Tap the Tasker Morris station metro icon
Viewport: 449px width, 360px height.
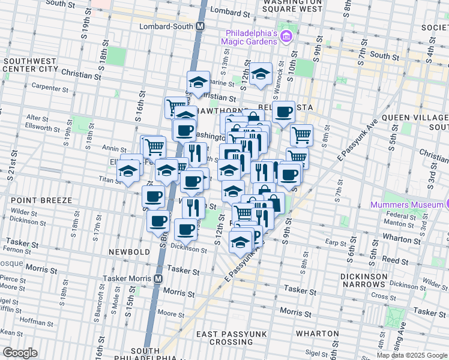[x=158, y=279]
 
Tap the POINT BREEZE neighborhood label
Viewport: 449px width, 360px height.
[x=38, y=200]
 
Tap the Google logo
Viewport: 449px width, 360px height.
[x=20, y=353]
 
